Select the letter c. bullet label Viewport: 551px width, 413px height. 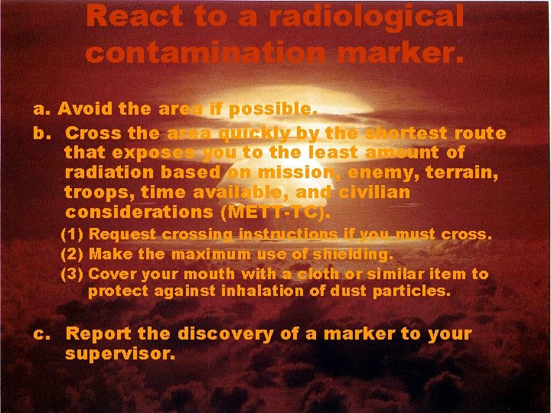[x=42, y=334]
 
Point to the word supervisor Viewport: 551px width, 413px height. [x=119, y=354]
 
